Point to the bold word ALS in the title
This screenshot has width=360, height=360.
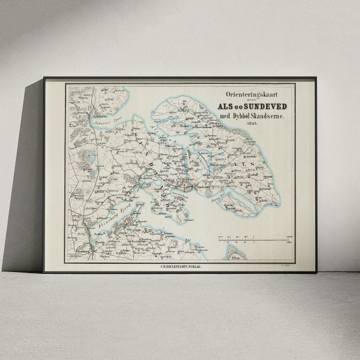click(x=227, y=106)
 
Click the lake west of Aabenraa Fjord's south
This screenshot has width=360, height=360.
click(x=90, y=156)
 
